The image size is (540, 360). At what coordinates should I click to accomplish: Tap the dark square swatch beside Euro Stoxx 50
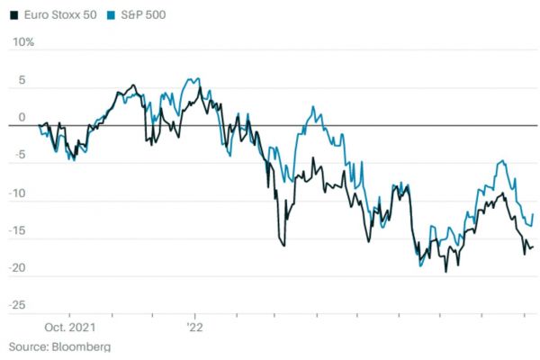pyautogui.click(x=13, y=15)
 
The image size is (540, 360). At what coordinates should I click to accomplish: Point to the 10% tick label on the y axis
pyautogui.click(x=22, y=42)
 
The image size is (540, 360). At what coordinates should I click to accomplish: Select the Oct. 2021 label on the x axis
pyautogui.click(x=70, y=328)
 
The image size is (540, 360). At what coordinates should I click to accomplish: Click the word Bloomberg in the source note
pyautogui.click(x=81, y=346)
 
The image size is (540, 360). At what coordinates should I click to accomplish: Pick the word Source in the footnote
pyautogui.click(x=27, y=346)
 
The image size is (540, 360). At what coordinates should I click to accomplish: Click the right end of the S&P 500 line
pyautogui.click(x=534, y=214)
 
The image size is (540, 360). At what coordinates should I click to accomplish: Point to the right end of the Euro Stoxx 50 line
pyautogui.click(x=533, y=247)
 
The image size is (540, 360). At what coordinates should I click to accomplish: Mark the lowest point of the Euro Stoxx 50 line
pyautogui.click(x=445, y=271)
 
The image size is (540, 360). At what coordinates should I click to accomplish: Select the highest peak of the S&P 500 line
pyautogui.click(x=197, y=78)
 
